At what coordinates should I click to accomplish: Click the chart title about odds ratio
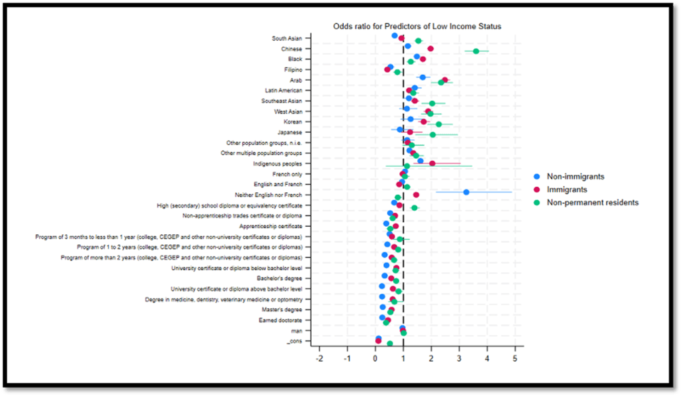(417, 26)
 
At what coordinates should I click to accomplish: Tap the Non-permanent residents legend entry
(592, 202)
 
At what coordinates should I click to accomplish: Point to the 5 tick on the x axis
(515, 358)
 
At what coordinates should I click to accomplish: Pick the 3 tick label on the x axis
(459, 358)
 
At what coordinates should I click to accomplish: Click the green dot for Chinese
(476, 51)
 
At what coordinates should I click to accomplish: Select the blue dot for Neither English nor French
(466, 192)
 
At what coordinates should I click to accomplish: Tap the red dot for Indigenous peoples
(432, 163)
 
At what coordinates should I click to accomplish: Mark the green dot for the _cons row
(390, 344)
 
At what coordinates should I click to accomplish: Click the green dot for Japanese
(433, 135)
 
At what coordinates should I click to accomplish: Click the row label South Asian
(287, 39)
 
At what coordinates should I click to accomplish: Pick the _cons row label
(294, 342)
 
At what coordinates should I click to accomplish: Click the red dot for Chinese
(430, 49)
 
